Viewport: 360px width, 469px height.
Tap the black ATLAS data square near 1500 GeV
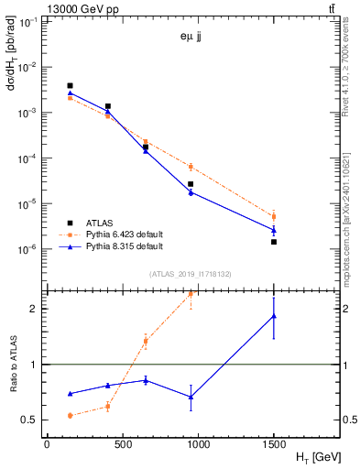(274, 242)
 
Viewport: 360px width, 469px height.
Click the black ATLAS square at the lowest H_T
(70, 86)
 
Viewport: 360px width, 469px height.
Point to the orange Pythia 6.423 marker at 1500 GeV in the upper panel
(274, 216)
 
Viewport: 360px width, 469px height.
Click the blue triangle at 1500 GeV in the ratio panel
(274, 316)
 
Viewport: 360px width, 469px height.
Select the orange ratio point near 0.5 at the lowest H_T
(70, 415)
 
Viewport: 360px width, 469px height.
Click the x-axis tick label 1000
(183, 445)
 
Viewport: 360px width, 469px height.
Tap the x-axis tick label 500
(115, 445)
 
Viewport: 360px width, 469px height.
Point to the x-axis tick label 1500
(274, 445)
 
